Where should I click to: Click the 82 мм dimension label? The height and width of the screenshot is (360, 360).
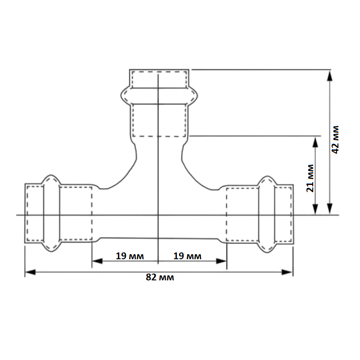coord(160,277)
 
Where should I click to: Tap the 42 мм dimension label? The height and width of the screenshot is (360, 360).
coord(335,140)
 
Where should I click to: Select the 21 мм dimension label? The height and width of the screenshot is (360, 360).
coord(310,178)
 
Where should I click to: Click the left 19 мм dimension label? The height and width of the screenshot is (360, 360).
coord(130,256)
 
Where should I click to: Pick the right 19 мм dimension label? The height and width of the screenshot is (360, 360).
coord(187,256)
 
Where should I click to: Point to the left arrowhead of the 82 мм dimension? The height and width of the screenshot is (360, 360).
coord(30,272)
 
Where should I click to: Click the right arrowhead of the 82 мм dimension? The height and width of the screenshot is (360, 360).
coord(287,272)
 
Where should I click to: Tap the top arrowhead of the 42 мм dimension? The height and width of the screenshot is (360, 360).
coord(330,76)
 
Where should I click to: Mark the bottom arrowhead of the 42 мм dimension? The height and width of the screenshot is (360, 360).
coord(330,208)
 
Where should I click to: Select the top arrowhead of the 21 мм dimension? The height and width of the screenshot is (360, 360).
coord(315,142)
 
